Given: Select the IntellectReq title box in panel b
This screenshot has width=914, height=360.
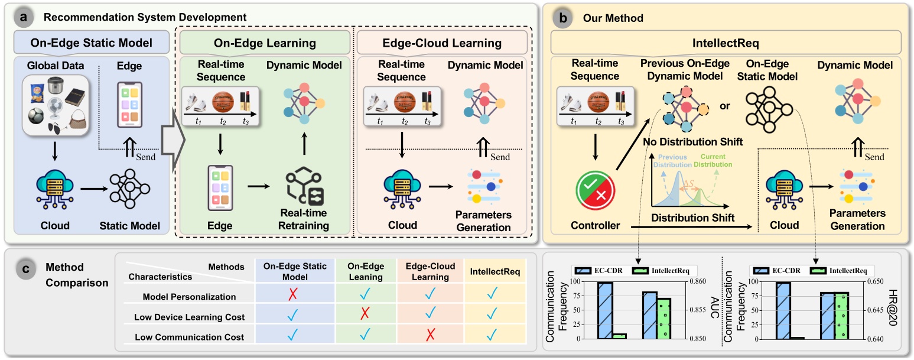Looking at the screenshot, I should click(726, 43).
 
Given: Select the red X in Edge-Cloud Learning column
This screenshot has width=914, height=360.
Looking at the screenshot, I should click(430, 337).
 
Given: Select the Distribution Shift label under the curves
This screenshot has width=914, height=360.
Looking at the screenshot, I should click(692, 218).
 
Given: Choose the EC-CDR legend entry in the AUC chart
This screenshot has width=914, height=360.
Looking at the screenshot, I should click(600, 270).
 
